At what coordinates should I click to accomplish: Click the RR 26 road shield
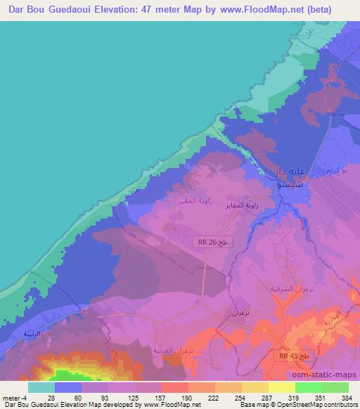(x=213, y=242)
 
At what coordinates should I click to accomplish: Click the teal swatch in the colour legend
(x=41, y=387)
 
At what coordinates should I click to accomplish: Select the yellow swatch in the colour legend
(x=281, y=387)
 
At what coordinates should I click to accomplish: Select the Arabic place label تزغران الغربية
(x=173, y=349)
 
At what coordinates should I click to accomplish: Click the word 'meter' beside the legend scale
(x=12, y=397)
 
